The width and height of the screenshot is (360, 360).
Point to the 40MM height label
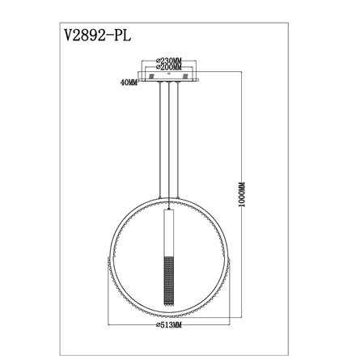[123, 82]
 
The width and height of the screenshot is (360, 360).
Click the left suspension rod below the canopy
[159, 146]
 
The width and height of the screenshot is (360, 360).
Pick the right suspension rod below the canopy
[180, 146]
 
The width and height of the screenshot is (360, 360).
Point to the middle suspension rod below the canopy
[169, 146]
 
